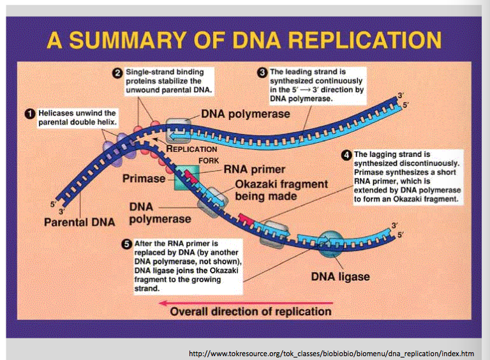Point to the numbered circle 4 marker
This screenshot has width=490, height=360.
pos(346,154)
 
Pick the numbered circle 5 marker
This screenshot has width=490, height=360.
pos(127,243)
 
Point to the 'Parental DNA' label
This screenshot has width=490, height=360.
pos(80,222)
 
